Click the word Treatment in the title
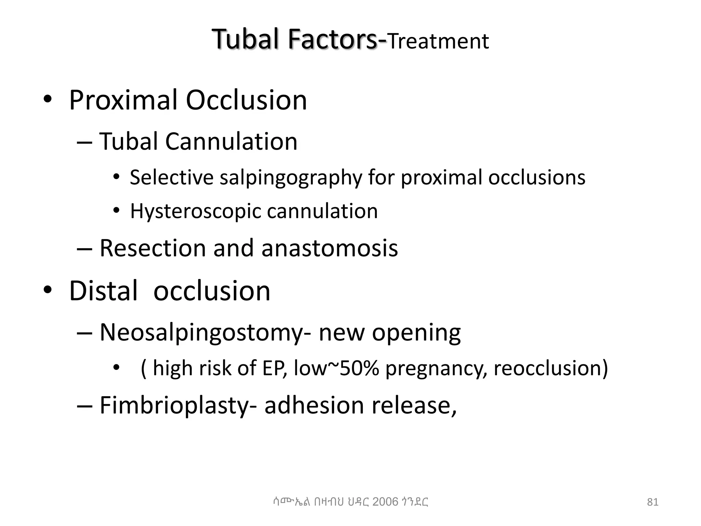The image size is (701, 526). tap(438, 41)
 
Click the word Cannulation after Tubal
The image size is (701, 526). tap(231, 141)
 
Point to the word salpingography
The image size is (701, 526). tap(290, 178)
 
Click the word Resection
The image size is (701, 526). tap(153, 248)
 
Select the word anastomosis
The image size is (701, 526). tap(330, 248)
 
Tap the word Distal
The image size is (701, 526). tap(103, 291)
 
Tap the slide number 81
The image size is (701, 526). tap(653, 502)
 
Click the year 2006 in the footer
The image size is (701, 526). tap(385, 502)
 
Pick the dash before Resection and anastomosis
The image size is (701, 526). tap(85, 249)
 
